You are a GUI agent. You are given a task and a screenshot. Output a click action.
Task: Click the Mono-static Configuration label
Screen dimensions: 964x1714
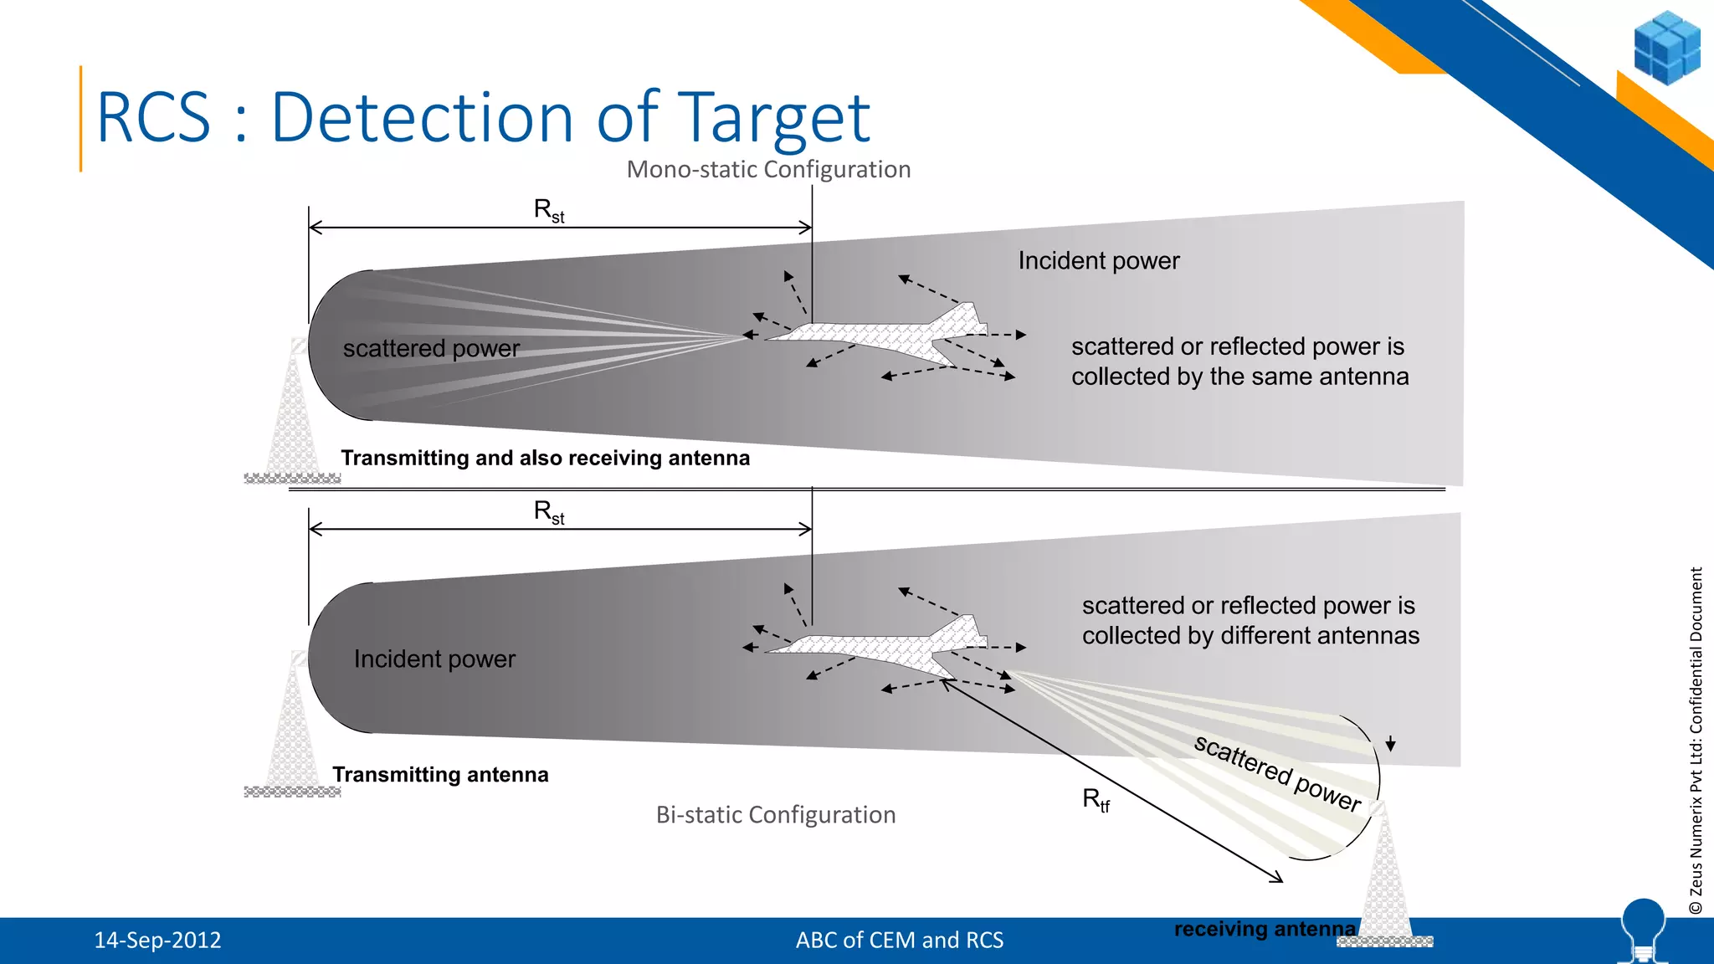click(768, 170)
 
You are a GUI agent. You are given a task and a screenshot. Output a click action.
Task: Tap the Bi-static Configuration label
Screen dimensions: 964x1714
click(775, 815)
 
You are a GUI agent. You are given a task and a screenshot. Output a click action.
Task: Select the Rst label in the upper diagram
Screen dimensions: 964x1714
click(549, 210)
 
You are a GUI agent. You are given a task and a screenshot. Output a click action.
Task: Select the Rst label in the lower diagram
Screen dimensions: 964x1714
click(549, 512)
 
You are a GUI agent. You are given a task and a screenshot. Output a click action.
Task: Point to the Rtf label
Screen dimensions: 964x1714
click(1096, 800)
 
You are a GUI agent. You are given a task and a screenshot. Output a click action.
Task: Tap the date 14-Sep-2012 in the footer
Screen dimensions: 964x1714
click(157, 941)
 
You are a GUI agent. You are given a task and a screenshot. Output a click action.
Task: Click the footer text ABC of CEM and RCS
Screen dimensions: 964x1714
click(899, 941)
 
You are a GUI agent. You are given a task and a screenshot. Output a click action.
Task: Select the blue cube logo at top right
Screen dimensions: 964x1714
click(1666, 48)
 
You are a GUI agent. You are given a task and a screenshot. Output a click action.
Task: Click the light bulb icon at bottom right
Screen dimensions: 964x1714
click(1643, 929)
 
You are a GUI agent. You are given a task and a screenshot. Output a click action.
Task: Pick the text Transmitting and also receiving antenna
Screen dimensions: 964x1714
click(545, 459)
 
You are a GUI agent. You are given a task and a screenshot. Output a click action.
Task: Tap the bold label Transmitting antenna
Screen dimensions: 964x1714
click(440, 775)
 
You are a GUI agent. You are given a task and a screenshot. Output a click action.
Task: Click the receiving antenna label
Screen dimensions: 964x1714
click(1264, 929)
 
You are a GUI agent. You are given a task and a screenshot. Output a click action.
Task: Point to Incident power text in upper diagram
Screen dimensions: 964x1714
click(1098, 261)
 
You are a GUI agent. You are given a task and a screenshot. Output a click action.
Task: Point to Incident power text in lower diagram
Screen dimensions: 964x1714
click(434, 659)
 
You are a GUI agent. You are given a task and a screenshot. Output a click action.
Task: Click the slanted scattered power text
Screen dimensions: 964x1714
click(1277, 773)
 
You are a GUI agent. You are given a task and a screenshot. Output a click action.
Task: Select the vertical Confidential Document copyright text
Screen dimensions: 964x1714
click(1696, 741)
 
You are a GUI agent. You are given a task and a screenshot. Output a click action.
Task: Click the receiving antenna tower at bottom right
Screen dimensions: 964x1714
click(1386, 879)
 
